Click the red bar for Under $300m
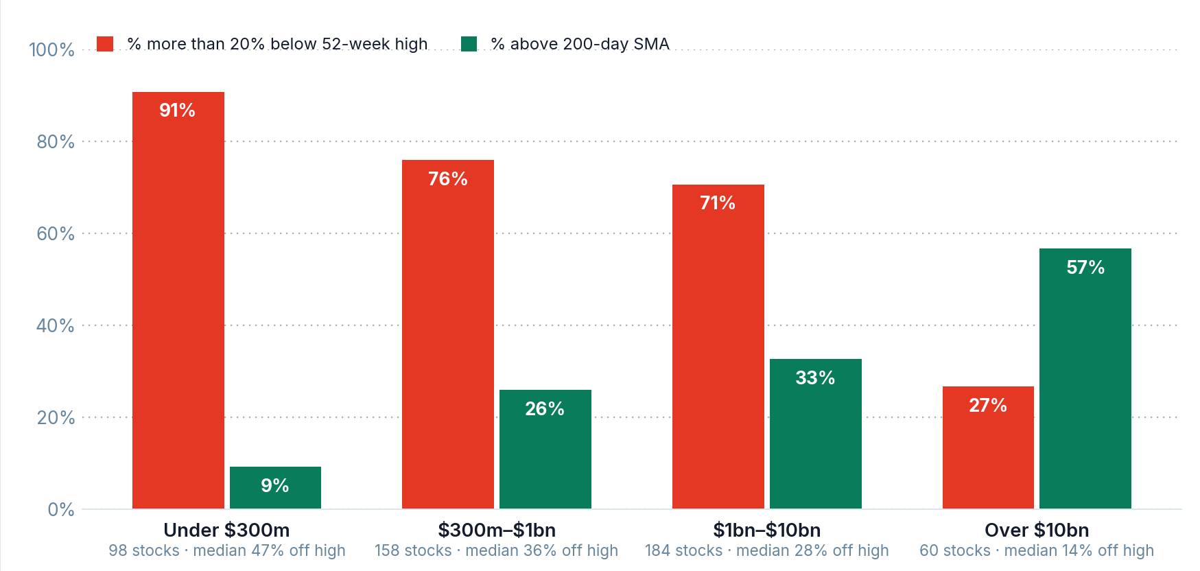click(178, 301)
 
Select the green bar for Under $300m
click(275, 488)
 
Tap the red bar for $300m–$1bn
click(448, 334)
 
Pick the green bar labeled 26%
click(545, 450)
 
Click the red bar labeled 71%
click(718, 347)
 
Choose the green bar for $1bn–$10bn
click(816, 434)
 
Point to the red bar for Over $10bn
click(988, 447)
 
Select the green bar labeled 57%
click(1085, 379)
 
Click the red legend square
click(105, 44)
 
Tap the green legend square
click(469, 44)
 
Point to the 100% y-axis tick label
click(51, 50)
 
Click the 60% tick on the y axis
click(56, 234)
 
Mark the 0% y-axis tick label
click(61, 510)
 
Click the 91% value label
click(178, 110)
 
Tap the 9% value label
click(275, 486)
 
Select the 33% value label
click(815, 378)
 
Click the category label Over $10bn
click(1037, 530)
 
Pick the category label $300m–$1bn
click(497, 530)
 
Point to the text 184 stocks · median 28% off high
click(767, 550)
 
